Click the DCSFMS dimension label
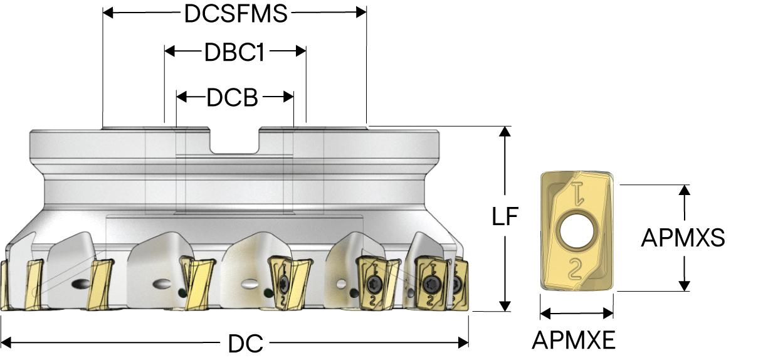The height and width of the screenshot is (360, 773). pos(235,14)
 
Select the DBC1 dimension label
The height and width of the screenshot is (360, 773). pos(234,53)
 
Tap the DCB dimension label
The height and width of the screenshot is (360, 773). pos(232,97)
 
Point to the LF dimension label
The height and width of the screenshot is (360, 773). pos(505,216)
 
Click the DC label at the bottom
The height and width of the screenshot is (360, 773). pos(245,343)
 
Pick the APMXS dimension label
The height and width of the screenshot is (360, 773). pos(683,238)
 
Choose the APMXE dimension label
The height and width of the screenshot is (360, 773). pos(573,341)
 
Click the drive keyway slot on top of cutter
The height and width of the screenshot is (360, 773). pos(234,143)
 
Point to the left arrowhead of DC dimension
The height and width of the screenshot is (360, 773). pos(6,342)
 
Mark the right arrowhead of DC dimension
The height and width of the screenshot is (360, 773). pos(464,342)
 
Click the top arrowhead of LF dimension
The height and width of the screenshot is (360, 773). pos(505,131)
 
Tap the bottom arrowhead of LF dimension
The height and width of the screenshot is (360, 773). pos(505,306)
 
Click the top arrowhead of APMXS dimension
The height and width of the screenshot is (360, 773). pos(685,190)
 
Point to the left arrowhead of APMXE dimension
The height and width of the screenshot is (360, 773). pos(544,313)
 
